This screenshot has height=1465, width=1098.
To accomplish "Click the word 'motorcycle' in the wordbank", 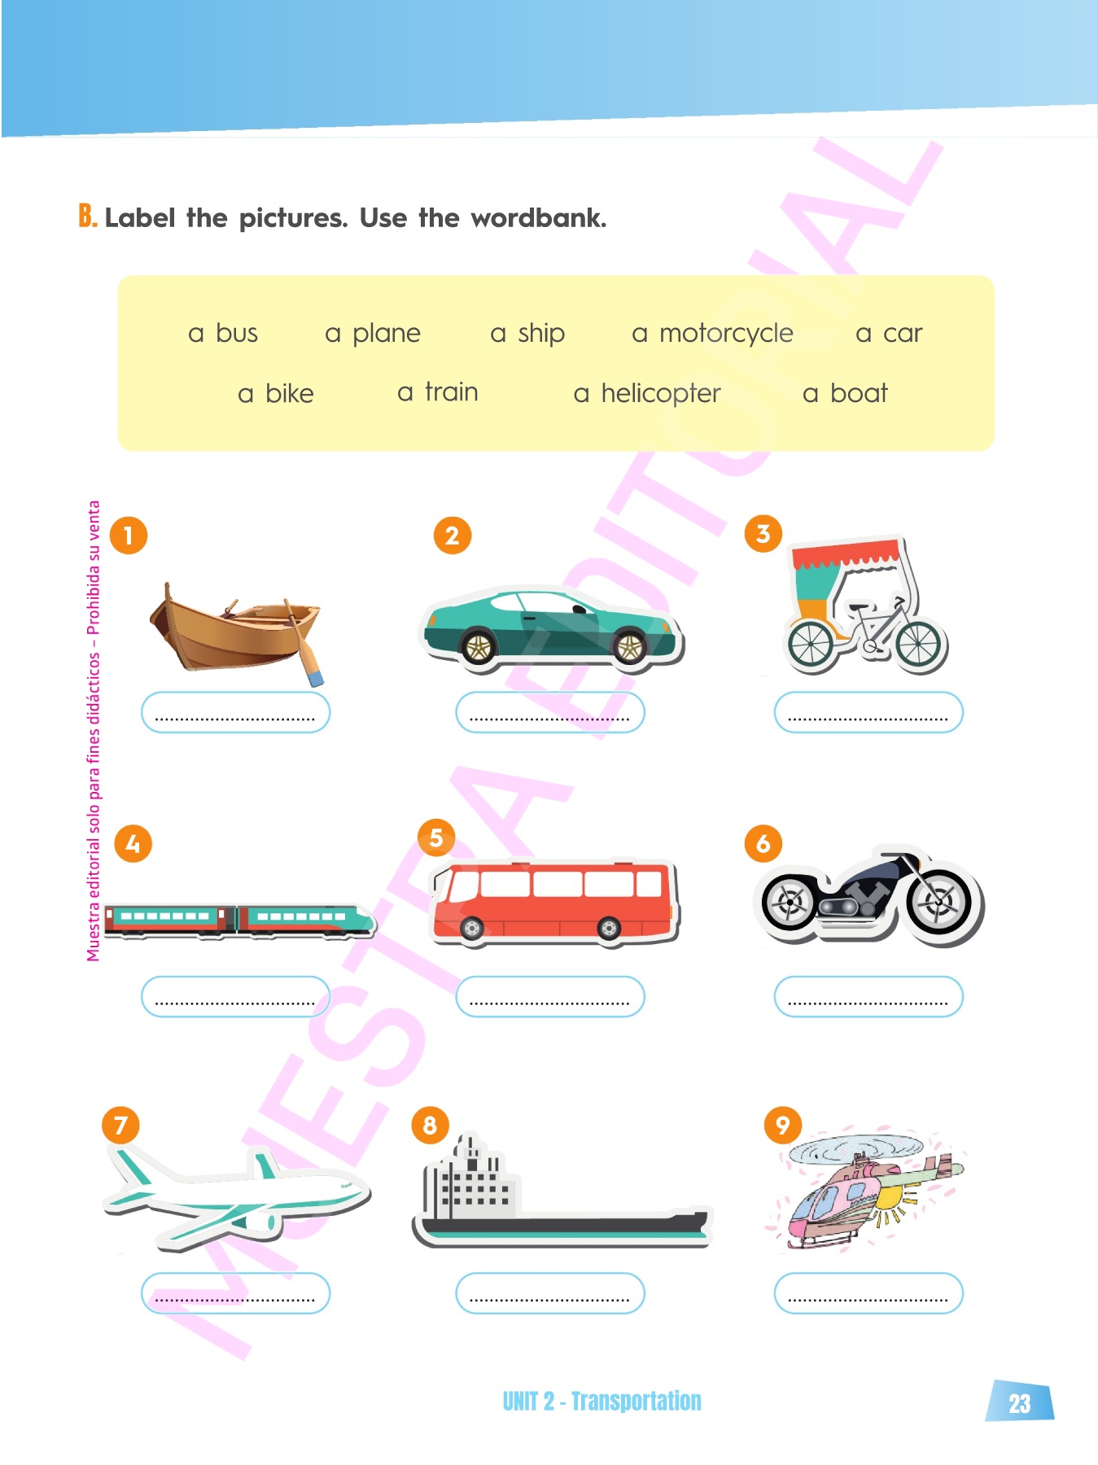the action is click(x=726, y=334).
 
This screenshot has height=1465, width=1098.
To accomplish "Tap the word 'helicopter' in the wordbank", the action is click(x=661, y=394).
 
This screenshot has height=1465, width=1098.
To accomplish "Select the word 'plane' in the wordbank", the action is click(x=387, y=334).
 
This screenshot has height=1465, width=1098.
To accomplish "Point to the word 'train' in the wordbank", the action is click(x=451, y=392).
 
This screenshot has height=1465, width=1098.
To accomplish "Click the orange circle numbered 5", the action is click(x=436, y=837).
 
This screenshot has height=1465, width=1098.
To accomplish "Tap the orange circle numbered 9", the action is click(x=783, y=1126).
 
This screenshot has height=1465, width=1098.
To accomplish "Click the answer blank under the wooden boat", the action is click(x=235, y=712).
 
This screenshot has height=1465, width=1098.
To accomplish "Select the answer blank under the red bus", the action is click(x=550, y=996).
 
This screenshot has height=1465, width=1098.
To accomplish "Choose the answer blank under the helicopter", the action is click(x=868, y=1293).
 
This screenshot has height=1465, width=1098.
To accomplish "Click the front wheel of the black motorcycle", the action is click(x=939, y=902).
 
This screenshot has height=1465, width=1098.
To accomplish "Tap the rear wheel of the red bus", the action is click(x=609, y=927).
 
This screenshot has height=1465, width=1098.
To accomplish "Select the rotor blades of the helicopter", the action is click(x=856, y=1147).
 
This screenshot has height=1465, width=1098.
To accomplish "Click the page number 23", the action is click(x=1020, y=1403).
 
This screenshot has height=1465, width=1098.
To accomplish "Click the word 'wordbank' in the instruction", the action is click(x=538, y=217).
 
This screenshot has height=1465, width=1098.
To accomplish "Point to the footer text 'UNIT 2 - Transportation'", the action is click(x=601, y=1401).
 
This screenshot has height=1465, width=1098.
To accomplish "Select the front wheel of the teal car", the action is click(x=629, y=647).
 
